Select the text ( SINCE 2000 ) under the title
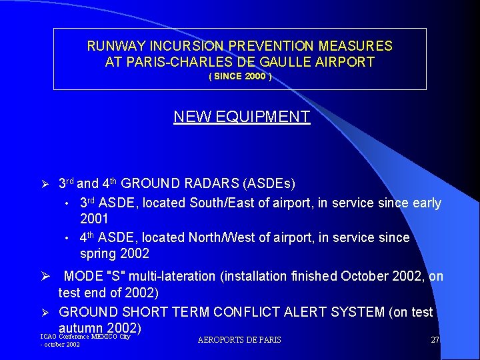pyautogui.click(x=240, y=77)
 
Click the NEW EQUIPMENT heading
pyautogui.click(x=241, y=117)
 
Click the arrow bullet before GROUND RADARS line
pyautogui.click(x=46, y=183)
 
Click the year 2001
pyautogui.click(x=94, y=219)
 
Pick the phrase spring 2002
pyautogui.click(x=115, y=253)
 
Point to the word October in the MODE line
pyautogui.click(x=361, y=276)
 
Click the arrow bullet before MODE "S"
pyautogui.click(x=46, y=277)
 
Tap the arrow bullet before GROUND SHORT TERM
pyautogui.click(x=46, y=313)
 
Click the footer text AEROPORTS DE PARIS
pyautogui.click(x=239, y=340)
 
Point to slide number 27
pyautogui.click(x=435, y=340)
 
